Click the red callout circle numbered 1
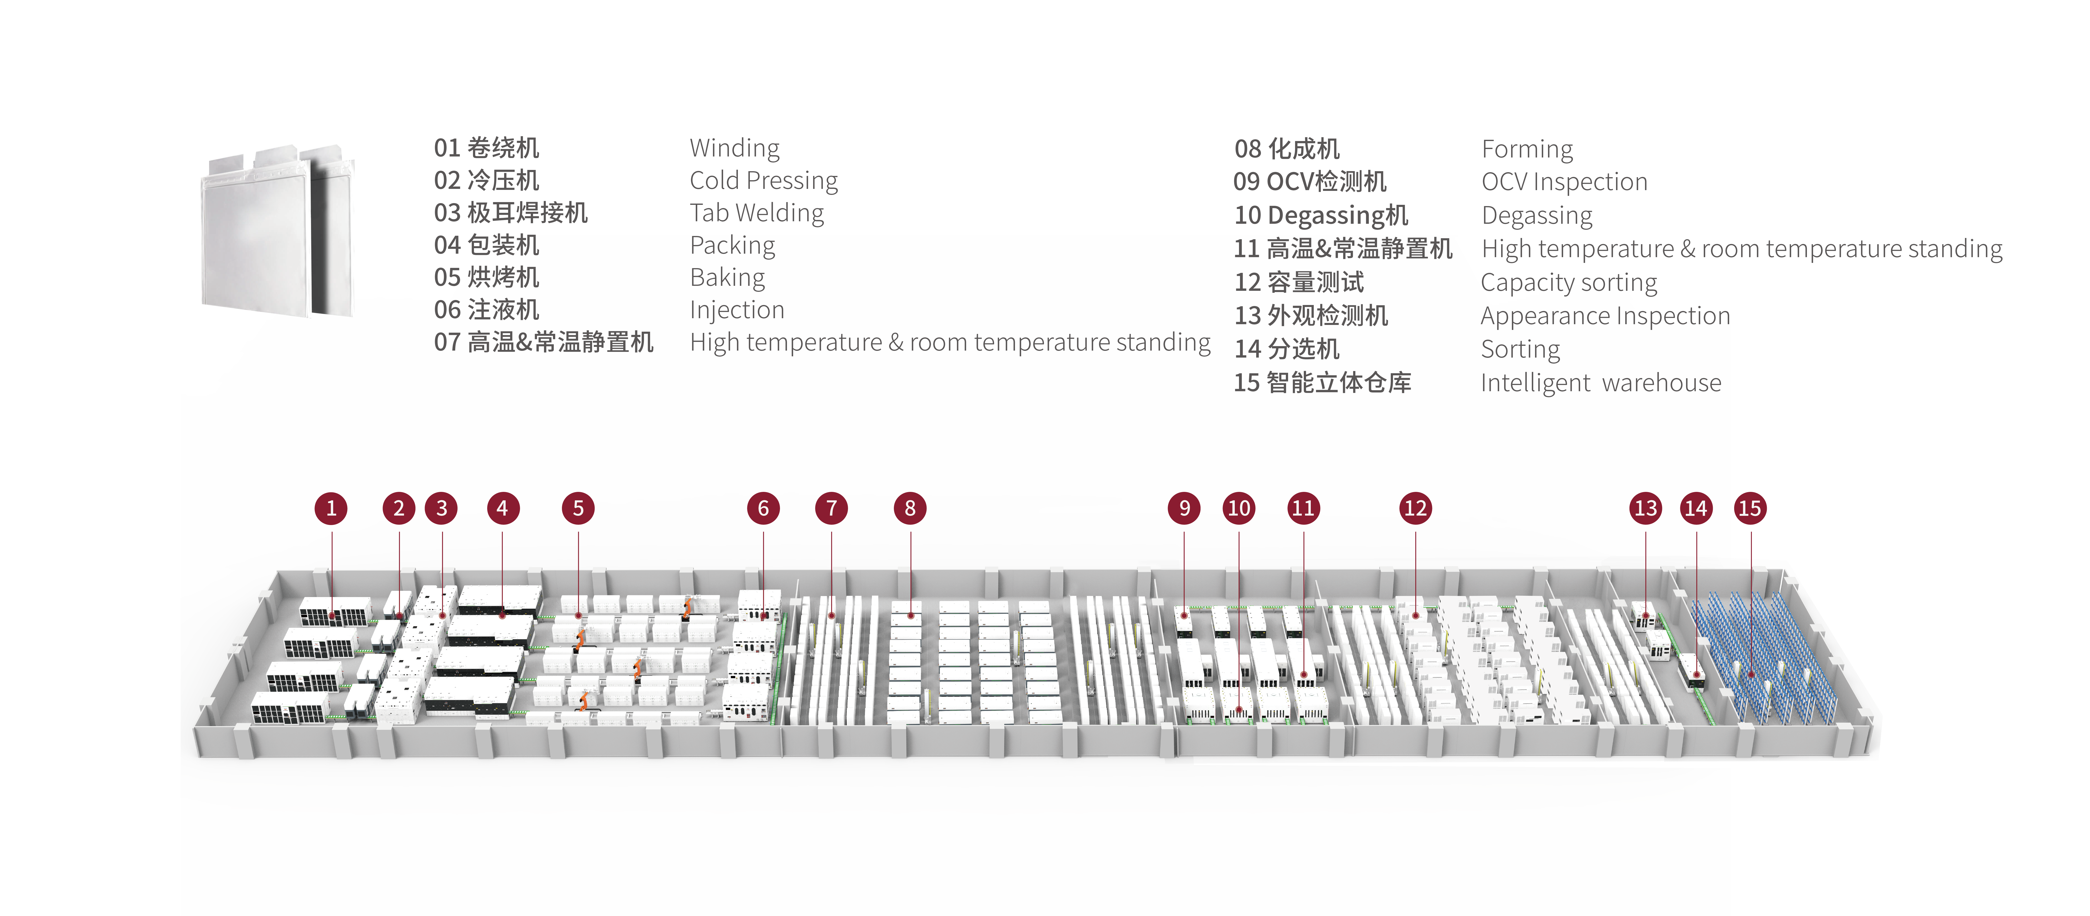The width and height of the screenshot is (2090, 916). pos(331,509)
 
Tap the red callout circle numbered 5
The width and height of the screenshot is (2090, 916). pos(578,509)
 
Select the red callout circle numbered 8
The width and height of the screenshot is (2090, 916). pos(910,509)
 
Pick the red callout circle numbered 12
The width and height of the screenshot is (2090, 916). pos(1415,509)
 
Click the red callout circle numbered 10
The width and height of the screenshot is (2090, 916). pos(1239,509)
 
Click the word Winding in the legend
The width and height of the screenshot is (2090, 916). pos(734,149)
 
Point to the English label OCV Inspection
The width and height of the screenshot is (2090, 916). pos(1564,182)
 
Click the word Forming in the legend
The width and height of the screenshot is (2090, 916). pos(1527,149)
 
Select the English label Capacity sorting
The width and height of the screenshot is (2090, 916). pos(1568,282)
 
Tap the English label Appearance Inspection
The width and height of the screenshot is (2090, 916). pos(1605,316)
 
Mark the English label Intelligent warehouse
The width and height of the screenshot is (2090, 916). pos(1600,383)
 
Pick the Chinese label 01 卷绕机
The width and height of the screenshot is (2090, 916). pos(486,149)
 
